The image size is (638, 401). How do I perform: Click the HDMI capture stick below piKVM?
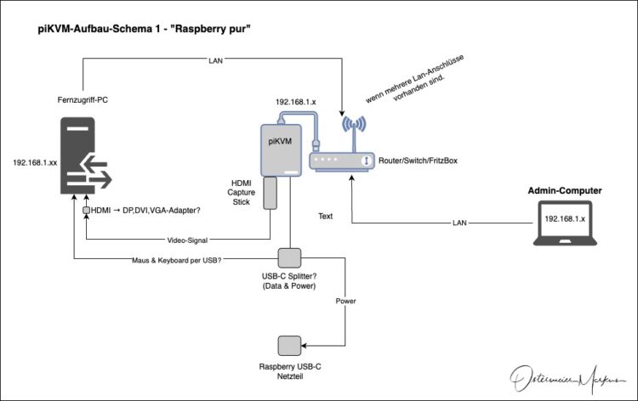point(271,194)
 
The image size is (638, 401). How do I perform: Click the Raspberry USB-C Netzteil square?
point(289,346)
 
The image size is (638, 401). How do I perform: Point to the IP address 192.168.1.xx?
point(35,161)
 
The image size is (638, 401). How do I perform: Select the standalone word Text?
point(325,216)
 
